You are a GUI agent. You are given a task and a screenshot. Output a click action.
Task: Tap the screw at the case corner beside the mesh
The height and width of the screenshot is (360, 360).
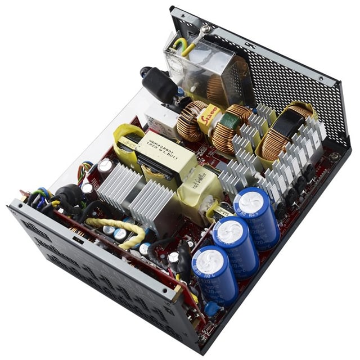[336, 156]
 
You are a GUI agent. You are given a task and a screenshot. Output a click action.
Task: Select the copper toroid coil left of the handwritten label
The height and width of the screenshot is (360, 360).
[190, 121]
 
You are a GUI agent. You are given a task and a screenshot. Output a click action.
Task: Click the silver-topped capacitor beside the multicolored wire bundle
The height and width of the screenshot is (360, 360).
[105, 166]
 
